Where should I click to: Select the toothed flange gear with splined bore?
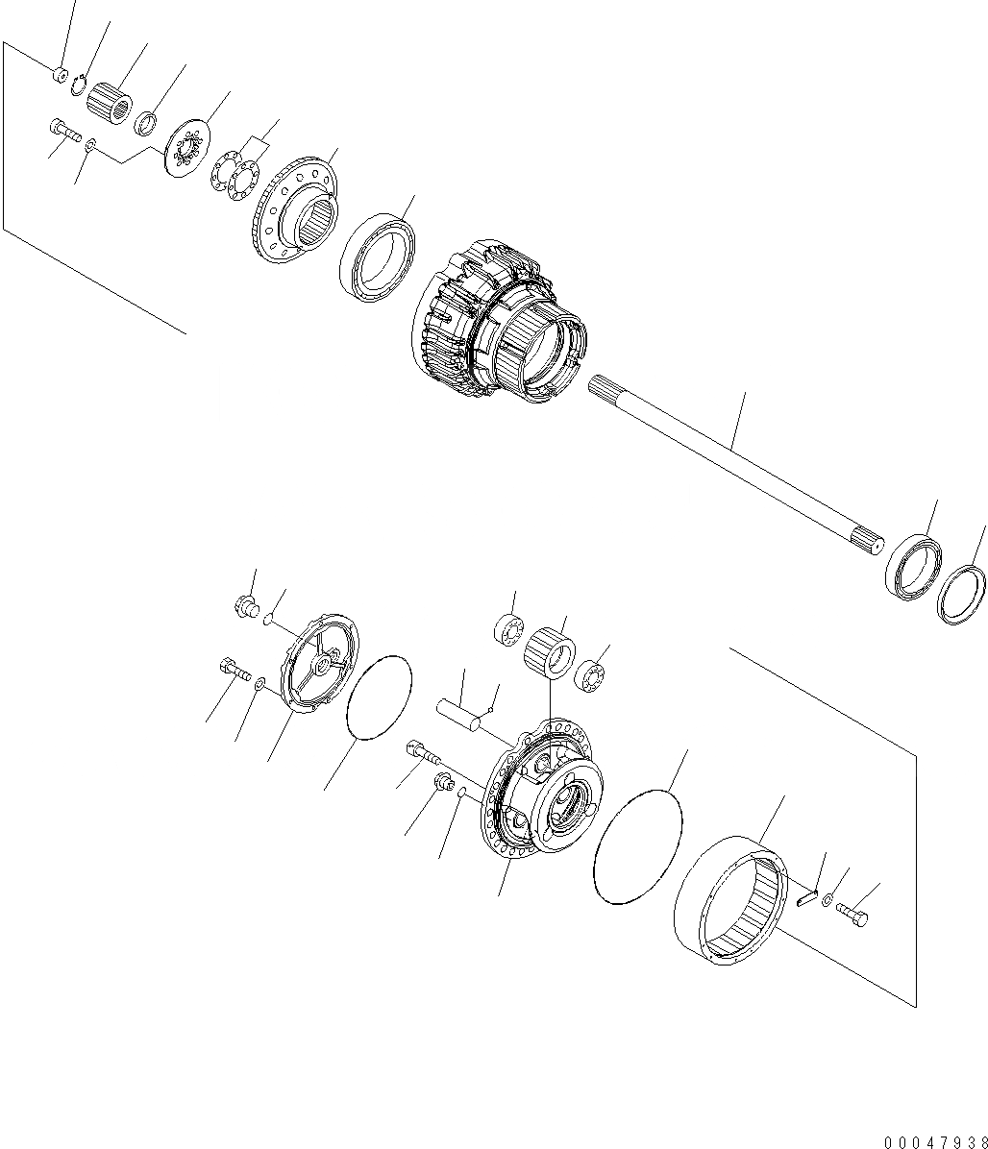point(295,212)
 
